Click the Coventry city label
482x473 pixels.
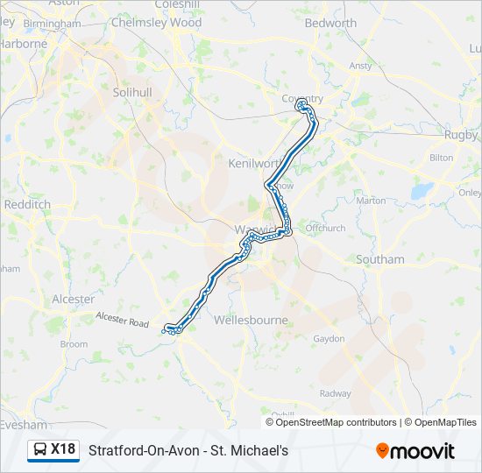pos(302,98)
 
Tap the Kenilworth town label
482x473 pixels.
pos(253,164)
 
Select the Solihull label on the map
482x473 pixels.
pos(132,92)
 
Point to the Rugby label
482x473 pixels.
pos(461,135)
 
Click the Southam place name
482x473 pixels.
pos(380,259)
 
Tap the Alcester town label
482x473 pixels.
pos(73,300)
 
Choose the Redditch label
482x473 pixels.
pos(26,204)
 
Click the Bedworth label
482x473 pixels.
pos(330,24)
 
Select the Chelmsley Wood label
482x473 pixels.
pos(157,24)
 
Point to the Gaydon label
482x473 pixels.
pos(329,338)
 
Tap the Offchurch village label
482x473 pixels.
pos(325,228)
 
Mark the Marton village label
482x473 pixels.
pos(371,201)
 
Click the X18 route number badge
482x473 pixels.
pos(63,449)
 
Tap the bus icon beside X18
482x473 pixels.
pos(40,450)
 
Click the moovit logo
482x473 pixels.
pos(415,450)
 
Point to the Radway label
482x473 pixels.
pos(335,394)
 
